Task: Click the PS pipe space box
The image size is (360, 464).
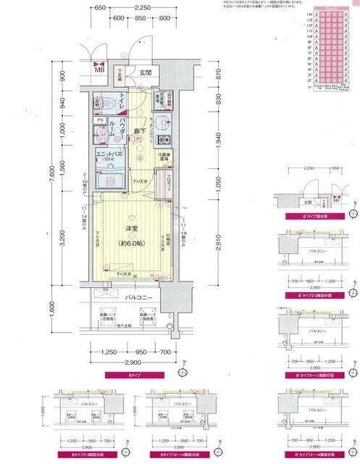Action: pos(100,121)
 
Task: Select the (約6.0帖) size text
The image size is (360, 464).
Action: pos(131,243)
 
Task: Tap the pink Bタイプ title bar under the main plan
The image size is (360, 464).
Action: pos(135,376)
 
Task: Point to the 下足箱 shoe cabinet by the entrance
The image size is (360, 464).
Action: pos(125,72)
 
